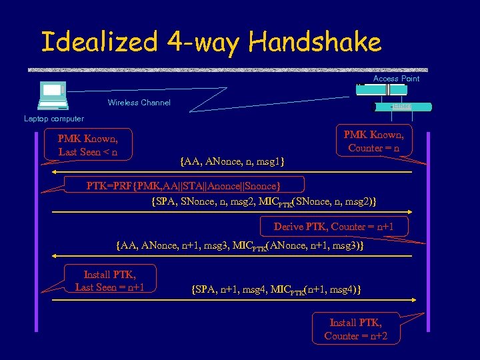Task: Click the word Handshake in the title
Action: [x=315, y=42]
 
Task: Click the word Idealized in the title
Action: [x=99, y=42]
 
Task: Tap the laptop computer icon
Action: [x=53, y=95]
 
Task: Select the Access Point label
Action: [x=396, y=79]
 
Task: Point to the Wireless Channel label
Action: [x=139, y=103]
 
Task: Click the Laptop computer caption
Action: [x=54, y=119]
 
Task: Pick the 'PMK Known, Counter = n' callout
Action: [x=373, y=141]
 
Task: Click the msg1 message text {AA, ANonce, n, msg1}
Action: [x=233, y=160]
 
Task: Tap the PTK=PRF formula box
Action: [x=183, y=185]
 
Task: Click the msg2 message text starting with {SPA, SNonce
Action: [x=264, y=200]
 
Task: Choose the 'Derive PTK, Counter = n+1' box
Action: [x=333, y=227]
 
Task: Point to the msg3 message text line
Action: [x=239, y=246]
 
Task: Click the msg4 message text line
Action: [x=276, y=289]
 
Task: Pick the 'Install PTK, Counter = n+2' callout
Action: [x=356, y=329]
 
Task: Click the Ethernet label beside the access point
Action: [x=403, y=107]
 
